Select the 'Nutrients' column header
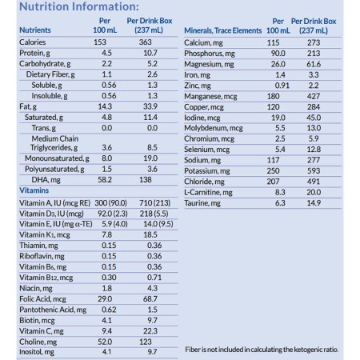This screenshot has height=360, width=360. point(37,30)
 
